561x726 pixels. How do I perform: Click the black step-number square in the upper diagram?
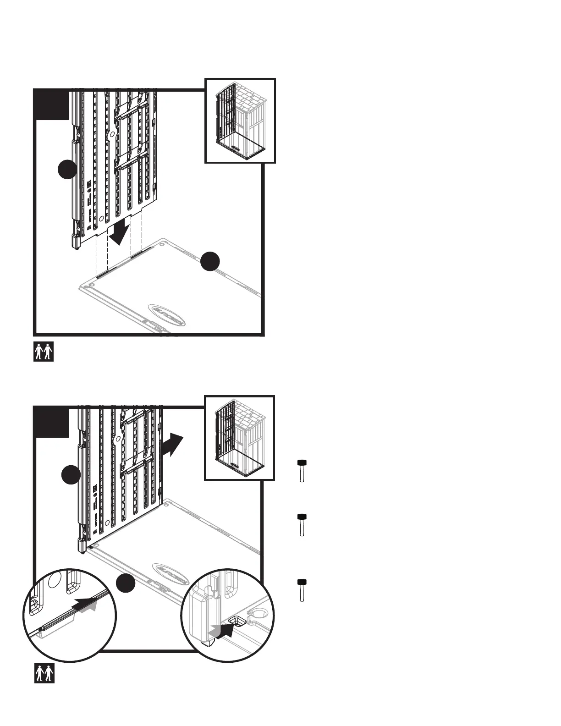click(51, 104)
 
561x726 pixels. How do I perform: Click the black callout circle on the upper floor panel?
click(210, 261)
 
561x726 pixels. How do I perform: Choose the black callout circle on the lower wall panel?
click(71, 474)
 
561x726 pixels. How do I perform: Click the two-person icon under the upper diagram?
click(44, 352)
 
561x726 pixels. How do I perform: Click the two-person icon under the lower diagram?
click(44, 673)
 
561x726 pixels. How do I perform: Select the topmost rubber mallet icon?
click(302, 470)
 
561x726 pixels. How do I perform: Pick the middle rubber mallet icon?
click(302, 525)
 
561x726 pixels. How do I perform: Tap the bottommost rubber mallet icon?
click(302, 590)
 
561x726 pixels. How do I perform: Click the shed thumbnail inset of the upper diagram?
click(240, 121)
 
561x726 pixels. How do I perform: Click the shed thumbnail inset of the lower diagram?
click(239, 438)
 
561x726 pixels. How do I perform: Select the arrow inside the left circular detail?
click(87, 604)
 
